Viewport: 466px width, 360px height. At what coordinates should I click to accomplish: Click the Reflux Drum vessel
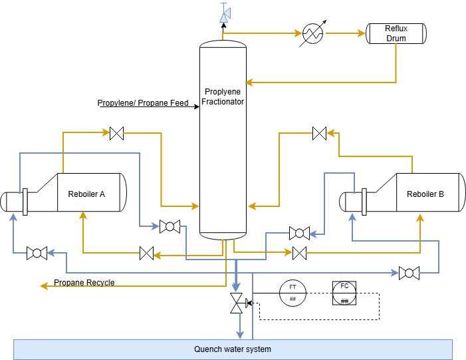tap(396, 33)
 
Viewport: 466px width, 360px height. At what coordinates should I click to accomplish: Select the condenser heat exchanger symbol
tap(312, 33)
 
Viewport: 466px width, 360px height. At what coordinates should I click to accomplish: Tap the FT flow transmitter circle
tap(292, 293)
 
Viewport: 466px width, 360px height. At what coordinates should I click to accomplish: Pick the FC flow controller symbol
tap(344, 293)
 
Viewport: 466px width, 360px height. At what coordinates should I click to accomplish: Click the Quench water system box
tap(233, 349)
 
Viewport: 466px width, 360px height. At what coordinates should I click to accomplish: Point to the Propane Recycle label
tap(84, 282)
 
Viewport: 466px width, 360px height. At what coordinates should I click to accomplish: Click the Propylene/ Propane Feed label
tap(143, 103)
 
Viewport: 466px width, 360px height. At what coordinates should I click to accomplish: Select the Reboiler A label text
tap(86, 194)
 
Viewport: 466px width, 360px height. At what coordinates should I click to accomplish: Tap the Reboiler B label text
tap(425, 194)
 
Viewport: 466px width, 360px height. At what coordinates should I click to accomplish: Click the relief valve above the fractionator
tap(225, 13)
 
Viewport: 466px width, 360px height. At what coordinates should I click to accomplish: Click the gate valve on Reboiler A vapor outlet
tap(116, 133)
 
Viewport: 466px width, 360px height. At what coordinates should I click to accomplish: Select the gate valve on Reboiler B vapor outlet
tap(320, 133)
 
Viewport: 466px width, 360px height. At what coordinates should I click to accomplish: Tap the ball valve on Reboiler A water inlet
tap(37, 253)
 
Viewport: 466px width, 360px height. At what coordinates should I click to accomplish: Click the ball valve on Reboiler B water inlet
tap(409, 273)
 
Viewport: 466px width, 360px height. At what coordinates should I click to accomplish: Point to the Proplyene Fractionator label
tap(223, 96)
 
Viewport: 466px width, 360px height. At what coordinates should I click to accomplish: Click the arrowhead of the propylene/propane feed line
tap(197, 106)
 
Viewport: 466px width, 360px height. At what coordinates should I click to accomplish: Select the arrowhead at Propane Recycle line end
tap(44, 286)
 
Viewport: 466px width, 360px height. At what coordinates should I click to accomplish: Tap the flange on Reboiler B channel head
tap(364, 202)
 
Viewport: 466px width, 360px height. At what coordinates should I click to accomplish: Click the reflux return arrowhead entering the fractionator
tap(249, 83)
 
